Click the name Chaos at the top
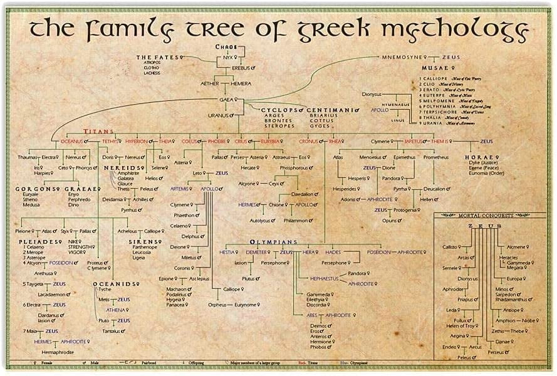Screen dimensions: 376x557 227,47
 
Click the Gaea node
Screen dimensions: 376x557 226,100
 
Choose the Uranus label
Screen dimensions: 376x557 218,115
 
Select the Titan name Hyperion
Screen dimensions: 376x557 136,142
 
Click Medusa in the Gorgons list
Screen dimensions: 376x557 31,205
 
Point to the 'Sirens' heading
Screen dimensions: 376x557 144,241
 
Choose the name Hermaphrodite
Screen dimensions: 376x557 56,353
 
